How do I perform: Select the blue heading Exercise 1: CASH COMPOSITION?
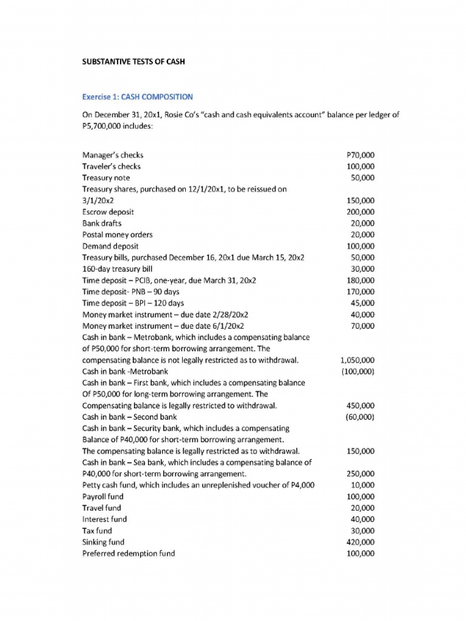(137, 96)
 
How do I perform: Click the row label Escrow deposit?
(108, 212)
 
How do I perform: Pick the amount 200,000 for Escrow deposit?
(360, 212)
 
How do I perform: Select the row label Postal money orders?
(117, 235)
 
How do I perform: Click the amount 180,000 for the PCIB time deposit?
(360, 280)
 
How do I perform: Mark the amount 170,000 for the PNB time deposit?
(360, 292)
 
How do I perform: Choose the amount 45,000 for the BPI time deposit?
(362, 303)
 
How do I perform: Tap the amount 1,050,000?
(357, 360)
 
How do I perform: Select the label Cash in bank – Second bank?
(129, 417)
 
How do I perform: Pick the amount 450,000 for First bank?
(360, 406)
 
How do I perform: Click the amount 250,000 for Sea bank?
(360, 474)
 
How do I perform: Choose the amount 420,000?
(360, 542)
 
